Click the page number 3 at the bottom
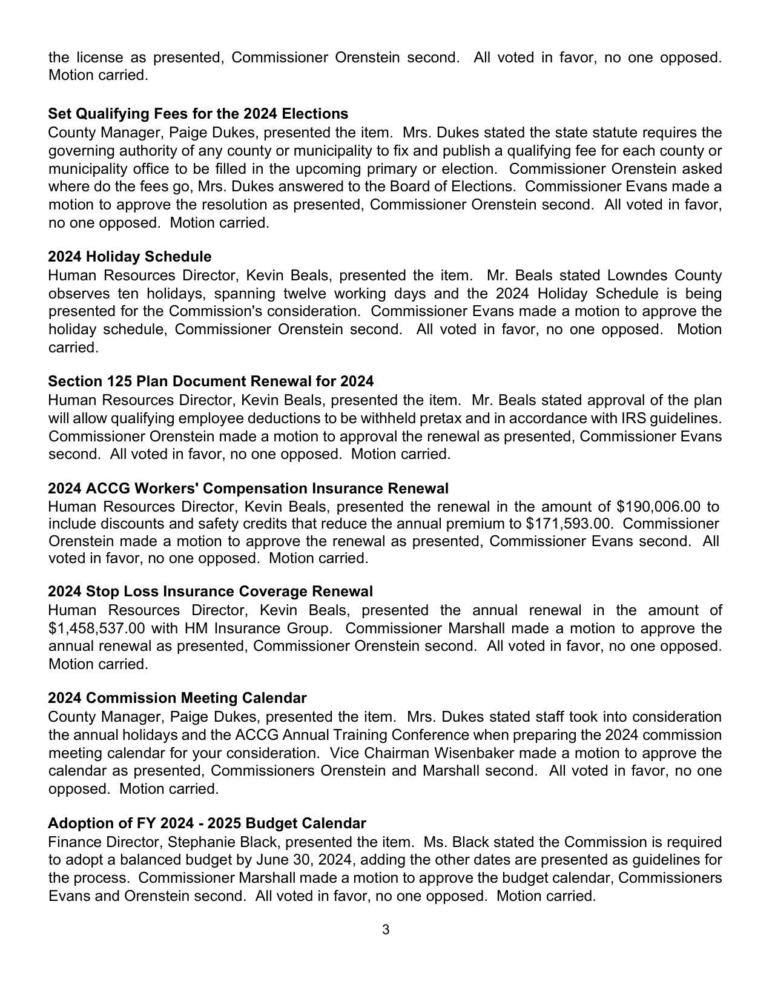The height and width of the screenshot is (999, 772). pyautogui.click(x=386, y=930)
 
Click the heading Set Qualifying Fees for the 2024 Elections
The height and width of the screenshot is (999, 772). pyautogui.click(x=198, y=114)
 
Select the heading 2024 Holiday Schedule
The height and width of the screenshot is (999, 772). pyautogui.click(x=130, y=257)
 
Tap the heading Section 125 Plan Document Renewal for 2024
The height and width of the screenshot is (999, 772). pyautogui.click(x=211, y=381)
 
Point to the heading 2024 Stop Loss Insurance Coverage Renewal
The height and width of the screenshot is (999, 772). pyautogui.click(x=210, y=592)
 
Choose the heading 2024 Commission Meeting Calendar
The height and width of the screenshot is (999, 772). pyautogui.click(x=177, y=698)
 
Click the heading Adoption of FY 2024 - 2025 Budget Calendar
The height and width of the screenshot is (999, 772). pyautogui.click(x=206, y=823)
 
